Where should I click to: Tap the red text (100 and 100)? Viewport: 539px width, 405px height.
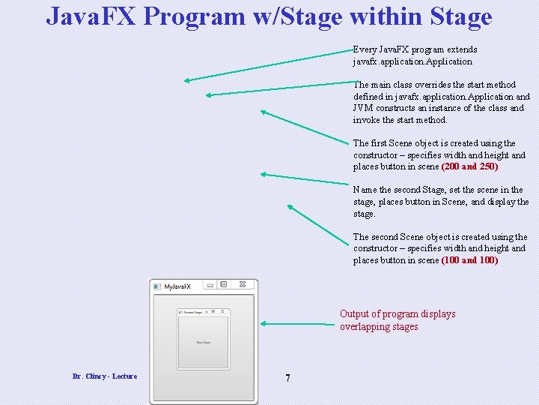click(469, 260)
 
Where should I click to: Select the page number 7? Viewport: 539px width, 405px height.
click(287, 378)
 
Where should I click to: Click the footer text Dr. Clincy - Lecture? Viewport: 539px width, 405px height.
click(105, 376)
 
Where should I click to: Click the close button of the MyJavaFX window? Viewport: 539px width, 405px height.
click(243, 285)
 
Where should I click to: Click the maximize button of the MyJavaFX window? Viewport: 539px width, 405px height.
click(224, 285)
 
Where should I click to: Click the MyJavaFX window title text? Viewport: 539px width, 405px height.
click(177, 286)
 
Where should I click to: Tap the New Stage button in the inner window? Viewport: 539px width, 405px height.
click(203, 342)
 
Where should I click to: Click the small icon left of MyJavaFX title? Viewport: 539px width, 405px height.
click(156, 286)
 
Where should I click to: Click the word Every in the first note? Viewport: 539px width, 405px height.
click(365, 49)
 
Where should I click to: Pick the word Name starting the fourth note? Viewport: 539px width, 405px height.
click(365, 190)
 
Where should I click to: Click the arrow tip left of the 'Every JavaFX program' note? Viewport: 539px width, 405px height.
click(187, 79)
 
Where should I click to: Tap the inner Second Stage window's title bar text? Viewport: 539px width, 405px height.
click(192, 312)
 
